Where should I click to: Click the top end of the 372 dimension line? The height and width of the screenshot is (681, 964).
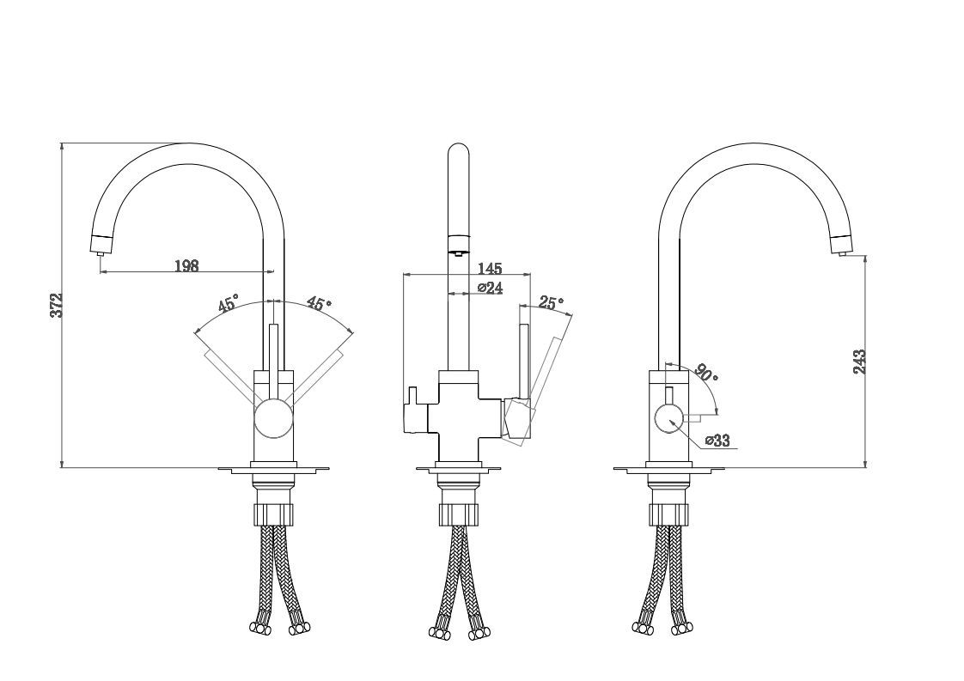tap(62, 143)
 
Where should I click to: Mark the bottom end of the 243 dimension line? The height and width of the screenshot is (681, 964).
tap(865, 468)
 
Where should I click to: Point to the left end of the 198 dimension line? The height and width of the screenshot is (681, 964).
tap(99, 271)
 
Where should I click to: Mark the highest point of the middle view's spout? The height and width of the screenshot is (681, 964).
tap(459, 143)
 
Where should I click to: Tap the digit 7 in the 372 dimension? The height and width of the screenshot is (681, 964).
tap(57, 306)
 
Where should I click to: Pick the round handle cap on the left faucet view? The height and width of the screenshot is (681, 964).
tap(273, 418)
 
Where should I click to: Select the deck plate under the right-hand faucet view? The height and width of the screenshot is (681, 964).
tap(669, 471)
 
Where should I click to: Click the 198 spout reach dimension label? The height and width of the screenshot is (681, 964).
tap(187, 265)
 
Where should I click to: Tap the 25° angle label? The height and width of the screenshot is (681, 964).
tap(552, 302)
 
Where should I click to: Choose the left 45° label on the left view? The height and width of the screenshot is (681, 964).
tap(227, 304)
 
